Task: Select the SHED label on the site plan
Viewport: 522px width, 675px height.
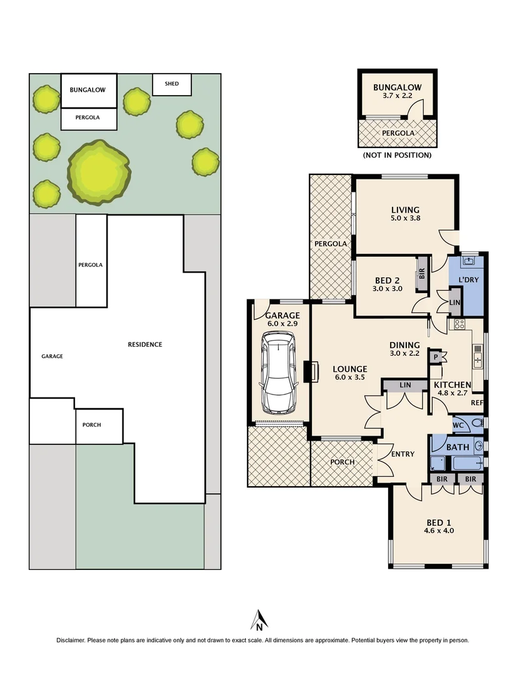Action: click(171, 84)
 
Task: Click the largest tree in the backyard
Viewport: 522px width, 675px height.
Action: click(99, 172)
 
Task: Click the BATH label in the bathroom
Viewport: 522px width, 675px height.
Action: click(458, 447)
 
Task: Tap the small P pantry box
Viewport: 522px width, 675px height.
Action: click(435, 356)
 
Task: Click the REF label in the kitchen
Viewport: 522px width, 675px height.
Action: click(478, 403)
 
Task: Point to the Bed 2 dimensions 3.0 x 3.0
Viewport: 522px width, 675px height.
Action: click(388, 289)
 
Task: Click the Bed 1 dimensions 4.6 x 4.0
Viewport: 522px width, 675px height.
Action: click(439, 531)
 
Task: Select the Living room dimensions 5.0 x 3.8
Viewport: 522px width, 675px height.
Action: click(405, 219)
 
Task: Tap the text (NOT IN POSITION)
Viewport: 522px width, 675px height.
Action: click(397, 155)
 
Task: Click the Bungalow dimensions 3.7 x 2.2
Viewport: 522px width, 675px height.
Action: click(397, 97)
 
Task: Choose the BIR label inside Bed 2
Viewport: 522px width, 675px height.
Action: click(422, 273)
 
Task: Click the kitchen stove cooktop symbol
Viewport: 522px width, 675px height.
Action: click(458, 324)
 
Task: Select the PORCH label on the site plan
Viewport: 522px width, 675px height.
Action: click(92, 425)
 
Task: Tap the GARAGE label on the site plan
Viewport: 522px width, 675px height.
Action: click(52, 356)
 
